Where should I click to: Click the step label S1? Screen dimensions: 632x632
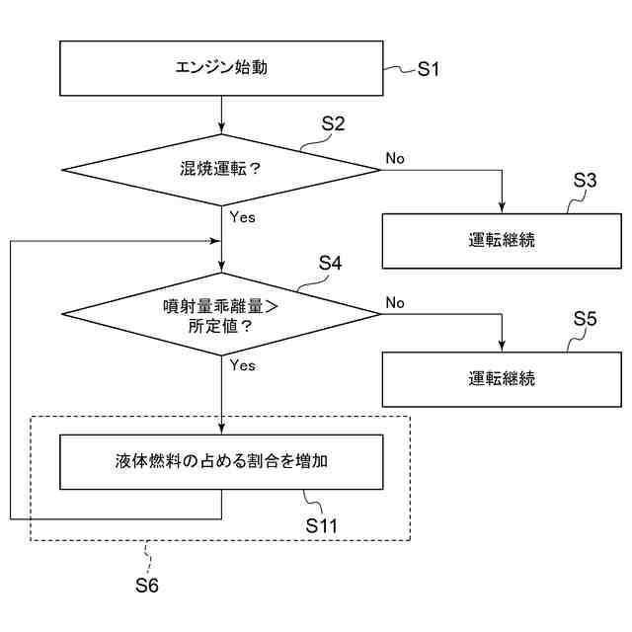click(428, 69)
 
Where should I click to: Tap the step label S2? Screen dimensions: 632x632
click(333, 123)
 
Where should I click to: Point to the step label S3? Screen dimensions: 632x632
click(585, 180)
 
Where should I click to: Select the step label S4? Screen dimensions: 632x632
click(330, 263)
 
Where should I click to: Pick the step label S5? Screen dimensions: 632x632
click(585, 318)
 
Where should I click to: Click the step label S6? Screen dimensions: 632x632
click(147, 586)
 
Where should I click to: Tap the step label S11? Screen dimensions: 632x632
click(321, 525)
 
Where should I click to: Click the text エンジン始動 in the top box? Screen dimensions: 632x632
click(221, 67)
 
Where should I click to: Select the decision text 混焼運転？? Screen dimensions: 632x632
click(221, 169)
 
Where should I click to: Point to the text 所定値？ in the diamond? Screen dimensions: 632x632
click(220, 326)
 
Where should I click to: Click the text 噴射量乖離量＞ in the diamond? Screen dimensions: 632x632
click(221, 307)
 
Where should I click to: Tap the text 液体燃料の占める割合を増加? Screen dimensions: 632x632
click(221, 461)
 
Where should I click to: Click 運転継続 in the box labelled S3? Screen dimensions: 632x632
click(502, 240)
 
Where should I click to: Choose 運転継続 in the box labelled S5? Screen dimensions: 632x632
click(502, 378)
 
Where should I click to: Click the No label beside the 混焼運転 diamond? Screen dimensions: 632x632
click(395, 158)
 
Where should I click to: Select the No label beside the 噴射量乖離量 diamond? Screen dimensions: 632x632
click(395, 302)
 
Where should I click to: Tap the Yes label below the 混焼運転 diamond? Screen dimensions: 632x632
click(243, 217)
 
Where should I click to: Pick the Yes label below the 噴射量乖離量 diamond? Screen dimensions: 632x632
click(243, 365)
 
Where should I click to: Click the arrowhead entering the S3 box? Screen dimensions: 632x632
click(502, 207)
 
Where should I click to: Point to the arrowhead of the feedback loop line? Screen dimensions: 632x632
click(215, 241)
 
